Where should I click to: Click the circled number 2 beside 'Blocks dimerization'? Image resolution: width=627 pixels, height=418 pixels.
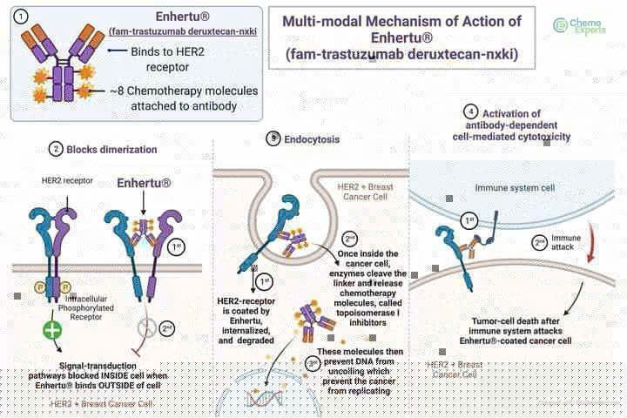[x=57, y=149]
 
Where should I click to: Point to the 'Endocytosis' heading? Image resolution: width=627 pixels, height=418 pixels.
[x=313, y=138]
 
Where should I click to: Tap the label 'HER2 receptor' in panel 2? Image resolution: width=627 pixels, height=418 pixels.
[x=65, y=180]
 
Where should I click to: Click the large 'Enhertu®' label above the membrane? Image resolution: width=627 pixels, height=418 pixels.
[x=144, y=185]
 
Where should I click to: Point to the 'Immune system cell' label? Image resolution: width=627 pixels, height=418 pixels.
[x=509, y=188]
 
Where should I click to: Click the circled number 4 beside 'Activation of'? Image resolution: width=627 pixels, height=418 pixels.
[x=471, y=112]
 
